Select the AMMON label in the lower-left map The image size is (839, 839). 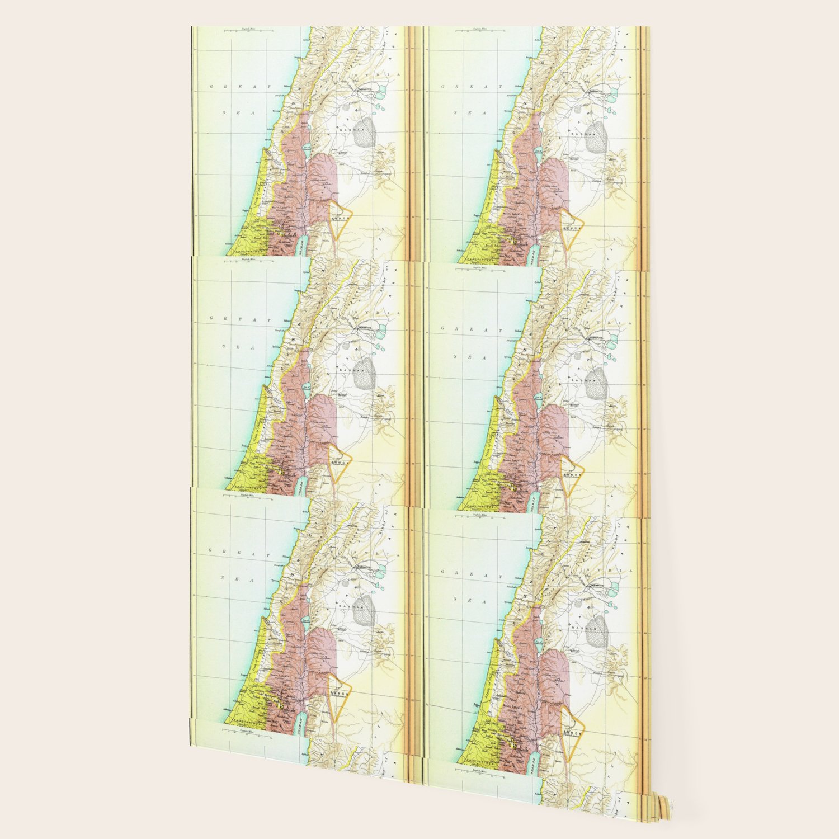(x=340, y=694)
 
